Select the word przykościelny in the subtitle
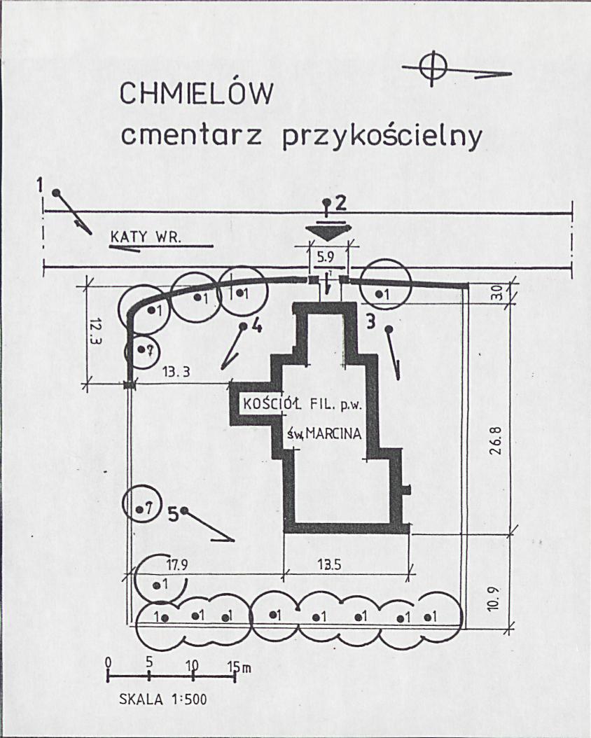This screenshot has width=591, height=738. click(382, 137)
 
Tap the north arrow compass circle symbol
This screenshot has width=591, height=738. click(432, 68)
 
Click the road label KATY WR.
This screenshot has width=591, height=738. click(146, 237)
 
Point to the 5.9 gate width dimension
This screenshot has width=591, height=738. click(326, 257)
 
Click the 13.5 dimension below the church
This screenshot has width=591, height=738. click(328, 564)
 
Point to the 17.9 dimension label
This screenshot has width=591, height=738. click(177, 564)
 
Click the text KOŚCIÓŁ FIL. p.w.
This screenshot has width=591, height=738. click(303, 404)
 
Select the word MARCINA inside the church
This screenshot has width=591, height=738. click(333, 433)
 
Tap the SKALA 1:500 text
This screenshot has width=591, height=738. click(163, 699)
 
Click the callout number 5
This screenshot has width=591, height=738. click(173, 515)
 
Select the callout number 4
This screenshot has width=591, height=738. click(256, 326)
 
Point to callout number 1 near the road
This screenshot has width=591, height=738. click(41, 185)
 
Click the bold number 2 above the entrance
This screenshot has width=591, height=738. click(341, 203)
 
